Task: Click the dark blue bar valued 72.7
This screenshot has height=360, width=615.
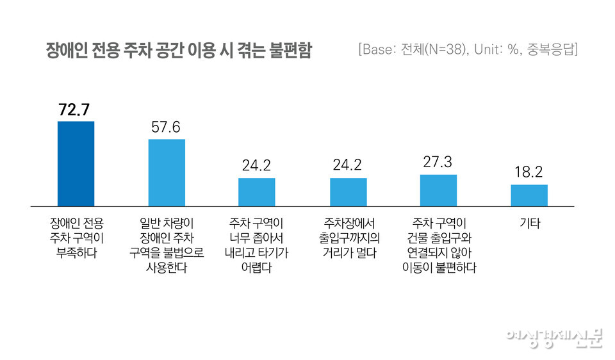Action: coord(76,163)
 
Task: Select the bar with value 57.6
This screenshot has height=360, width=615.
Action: coord(167,172)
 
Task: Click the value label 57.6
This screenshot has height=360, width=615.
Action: coord(167,127)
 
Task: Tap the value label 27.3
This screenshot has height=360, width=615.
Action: coord(438,161)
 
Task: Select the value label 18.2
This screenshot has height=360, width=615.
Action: coord(529,172)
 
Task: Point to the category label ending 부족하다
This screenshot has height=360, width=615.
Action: coord(76,238)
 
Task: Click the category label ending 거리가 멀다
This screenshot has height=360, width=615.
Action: coord(348,238)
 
